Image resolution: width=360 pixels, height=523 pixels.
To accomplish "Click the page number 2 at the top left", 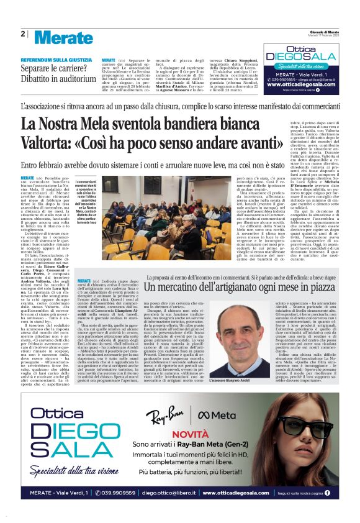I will point(22,34).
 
